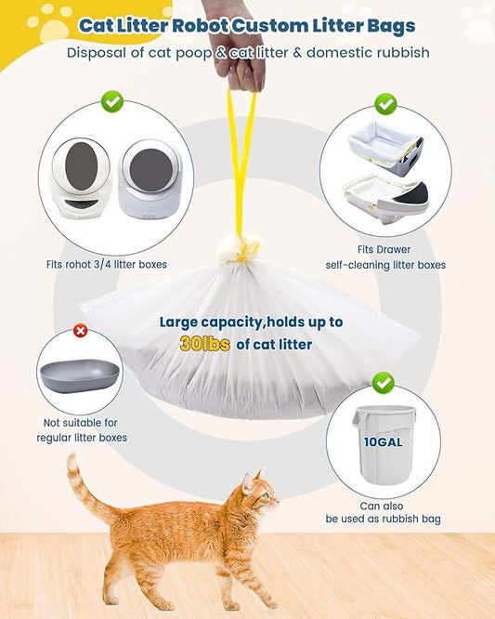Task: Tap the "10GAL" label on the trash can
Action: point(383,441)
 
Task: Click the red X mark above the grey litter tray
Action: point(80,331)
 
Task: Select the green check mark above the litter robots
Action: point(112,100)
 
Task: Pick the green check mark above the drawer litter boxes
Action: point(384,103)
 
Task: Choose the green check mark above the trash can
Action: point(383,382)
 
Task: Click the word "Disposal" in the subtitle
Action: point(98,53)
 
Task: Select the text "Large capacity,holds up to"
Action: point(251,323)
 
